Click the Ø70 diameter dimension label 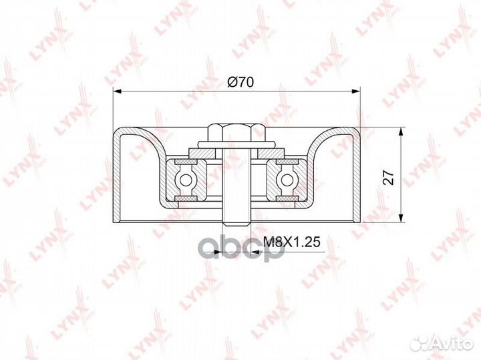240,82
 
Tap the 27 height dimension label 389,177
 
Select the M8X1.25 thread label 292,242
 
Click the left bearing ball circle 186,180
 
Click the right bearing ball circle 287,180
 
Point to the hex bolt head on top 236,132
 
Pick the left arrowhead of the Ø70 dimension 118,91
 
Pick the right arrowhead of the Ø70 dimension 355,91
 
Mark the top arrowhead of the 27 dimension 400,133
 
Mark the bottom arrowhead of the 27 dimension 400,217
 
